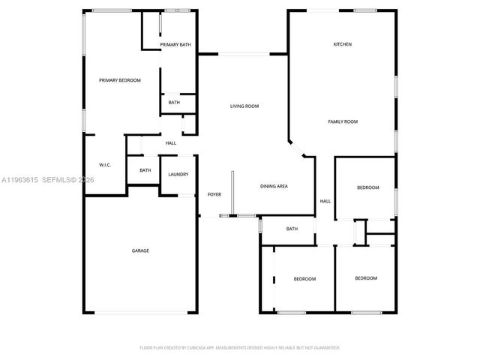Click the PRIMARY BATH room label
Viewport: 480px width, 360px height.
click(175, 45)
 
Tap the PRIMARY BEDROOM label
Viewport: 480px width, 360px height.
click(120, 80)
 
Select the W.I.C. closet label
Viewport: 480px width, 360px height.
click(105, 165)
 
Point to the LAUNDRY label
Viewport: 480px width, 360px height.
click(178, 175)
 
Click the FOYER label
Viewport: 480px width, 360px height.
click(214, 194)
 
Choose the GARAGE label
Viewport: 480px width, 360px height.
click(140, 250)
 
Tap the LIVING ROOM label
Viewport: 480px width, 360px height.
click(244, 106)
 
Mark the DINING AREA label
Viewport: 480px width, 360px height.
click(274, 186)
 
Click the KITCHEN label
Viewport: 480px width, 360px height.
click(343, 44)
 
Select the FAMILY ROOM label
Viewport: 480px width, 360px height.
click(343, 121)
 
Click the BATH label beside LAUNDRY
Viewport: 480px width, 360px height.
click(145, 170)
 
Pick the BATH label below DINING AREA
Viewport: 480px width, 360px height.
click(292, 229)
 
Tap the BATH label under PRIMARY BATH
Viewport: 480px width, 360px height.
click(174, 103)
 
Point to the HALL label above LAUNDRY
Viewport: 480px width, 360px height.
click(171, 143)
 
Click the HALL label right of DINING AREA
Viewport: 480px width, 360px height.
click(325, 201)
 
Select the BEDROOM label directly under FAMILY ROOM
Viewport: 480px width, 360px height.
click(367, 187)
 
